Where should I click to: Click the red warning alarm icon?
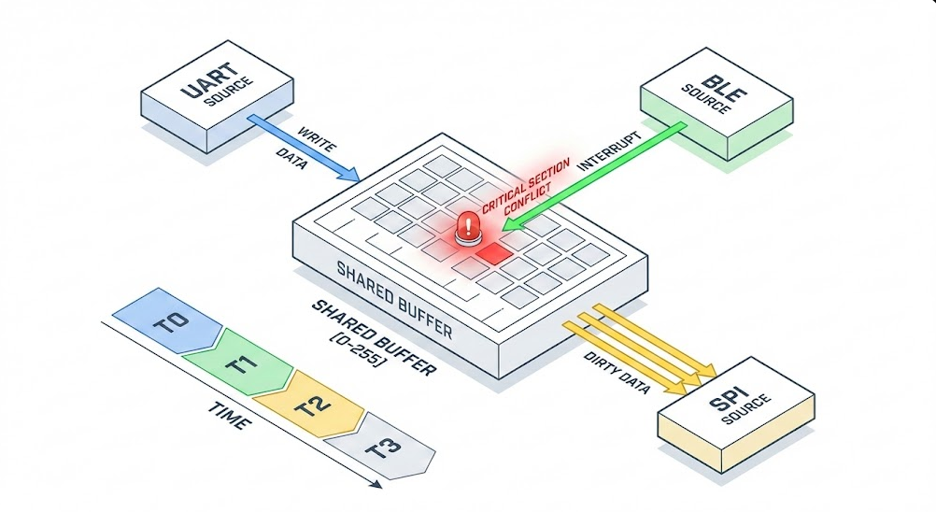(x=465, y=227)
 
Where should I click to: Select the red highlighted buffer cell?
(x=491, y=251)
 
